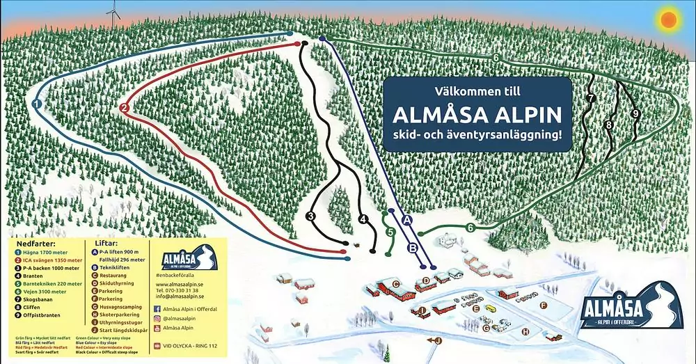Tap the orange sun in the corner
point(669,19)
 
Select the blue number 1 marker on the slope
point(37,103)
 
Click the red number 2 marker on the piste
point(124,108)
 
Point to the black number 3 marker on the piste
point(310,217)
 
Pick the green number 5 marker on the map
point(390,232)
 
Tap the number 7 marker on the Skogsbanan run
point(591,99)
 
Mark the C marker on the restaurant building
point(395,283)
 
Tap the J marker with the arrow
point(438,340)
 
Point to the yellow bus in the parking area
point(491,308)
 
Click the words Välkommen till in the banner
point(477,91)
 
